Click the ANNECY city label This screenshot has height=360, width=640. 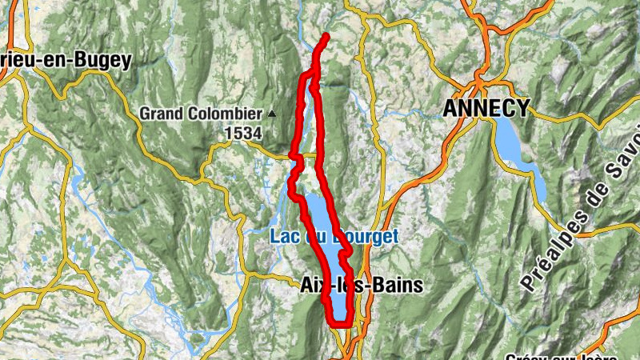click(486, 108)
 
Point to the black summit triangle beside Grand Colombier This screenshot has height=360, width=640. click(272, 114)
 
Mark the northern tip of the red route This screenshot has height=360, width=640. click(326, 36)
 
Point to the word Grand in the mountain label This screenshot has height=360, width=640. click(158, 114)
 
